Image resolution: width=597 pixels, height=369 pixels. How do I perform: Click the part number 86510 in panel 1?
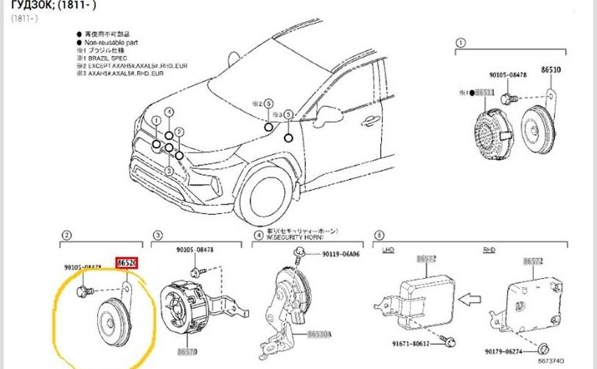click(x=551, y=69)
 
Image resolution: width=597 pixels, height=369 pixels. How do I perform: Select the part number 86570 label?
click(x=186, y=352)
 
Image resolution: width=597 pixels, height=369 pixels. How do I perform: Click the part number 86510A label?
click(x=318, y=334)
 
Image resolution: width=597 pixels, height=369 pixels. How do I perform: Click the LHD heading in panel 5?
click(x=388, y=252)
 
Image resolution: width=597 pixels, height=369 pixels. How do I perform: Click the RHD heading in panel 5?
click(x=489, y=252)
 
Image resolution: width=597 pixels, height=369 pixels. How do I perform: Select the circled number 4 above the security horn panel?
click(x=258, y=235)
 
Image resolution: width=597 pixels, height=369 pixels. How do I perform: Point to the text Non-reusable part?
click(x=111, y=44)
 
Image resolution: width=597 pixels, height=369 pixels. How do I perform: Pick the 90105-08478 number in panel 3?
click(x=194, y=251)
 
